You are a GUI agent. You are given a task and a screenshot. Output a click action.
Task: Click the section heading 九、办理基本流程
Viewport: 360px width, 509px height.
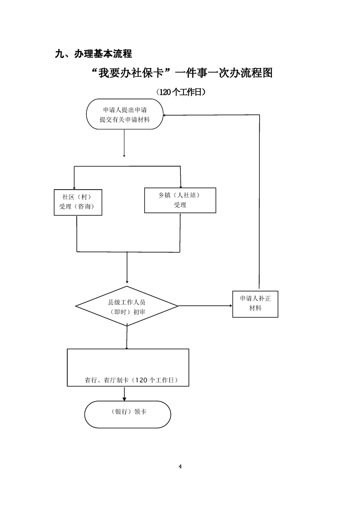pos(93,54)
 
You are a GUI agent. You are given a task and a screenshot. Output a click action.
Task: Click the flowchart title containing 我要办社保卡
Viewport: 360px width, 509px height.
pos(182,73)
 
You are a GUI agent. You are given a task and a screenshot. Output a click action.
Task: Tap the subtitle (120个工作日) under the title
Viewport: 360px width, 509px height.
pos(181,92)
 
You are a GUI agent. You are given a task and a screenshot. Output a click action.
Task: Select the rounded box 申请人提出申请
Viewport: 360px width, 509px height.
pos(124,115)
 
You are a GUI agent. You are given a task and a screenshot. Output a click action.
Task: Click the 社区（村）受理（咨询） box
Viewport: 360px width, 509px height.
pos(78,201)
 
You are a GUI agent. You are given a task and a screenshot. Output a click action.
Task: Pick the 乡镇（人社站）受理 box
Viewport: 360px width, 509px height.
pos(180,200)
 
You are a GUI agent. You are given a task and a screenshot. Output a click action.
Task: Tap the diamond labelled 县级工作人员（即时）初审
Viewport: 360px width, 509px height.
pos(127,306)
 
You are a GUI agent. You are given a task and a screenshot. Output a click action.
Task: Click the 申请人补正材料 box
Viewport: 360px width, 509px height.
pos(255,303)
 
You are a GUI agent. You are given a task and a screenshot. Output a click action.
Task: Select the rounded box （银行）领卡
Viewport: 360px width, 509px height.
pos(128,414)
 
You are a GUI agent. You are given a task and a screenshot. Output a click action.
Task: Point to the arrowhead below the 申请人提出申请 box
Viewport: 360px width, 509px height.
pos(124,156)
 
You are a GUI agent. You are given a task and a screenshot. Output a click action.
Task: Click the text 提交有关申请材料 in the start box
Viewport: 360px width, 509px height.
pos(124,120)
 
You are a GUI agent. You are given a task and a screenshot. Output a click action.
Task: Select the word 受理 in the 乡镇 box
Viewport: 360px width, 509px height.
pos(180,205)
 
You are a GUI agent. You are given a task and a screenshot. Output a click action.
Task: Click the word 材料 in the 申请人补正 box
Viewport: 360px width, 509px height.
pos(255,308)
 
